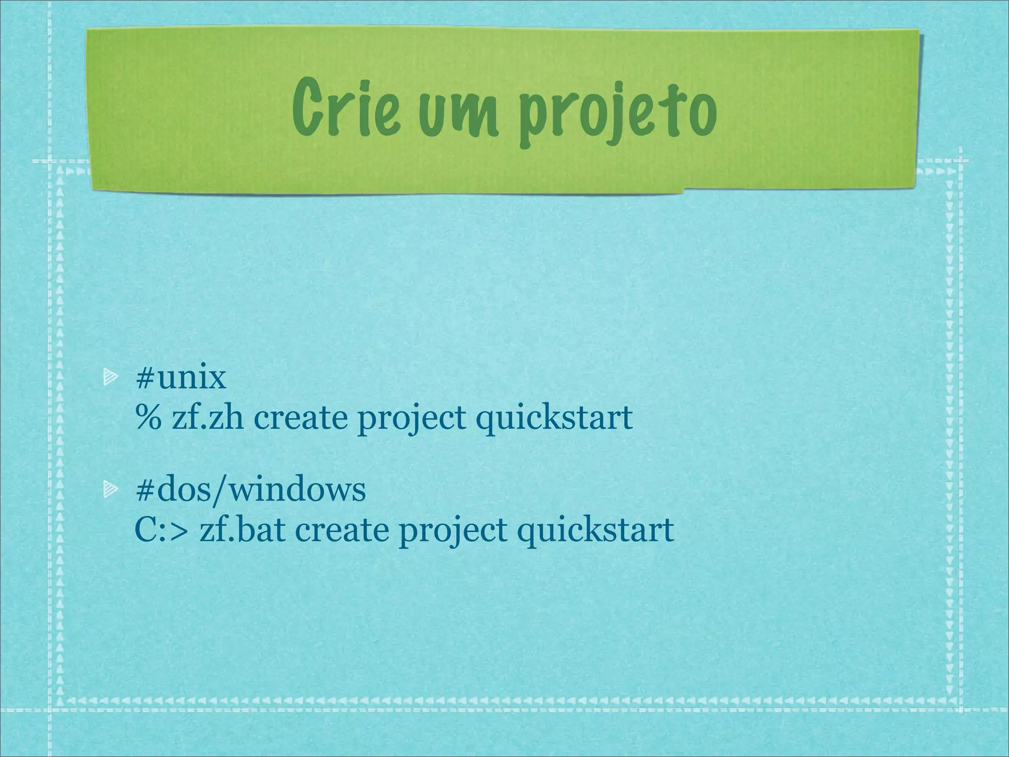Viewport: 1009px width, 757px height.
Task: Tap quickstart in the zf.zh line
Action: [x=554, y=419]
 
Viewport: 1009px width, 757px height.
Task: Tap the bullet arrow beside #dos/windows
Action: [x=110, y=489]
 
